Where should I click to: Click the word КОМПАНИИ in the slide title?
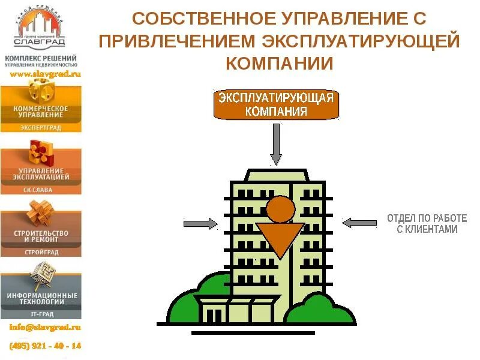click(279, 63)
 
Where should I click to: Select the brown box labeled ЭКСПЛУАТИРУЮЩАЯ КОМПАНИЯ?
click(275, 105)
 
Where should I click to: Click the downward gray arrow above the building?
click(275, 144)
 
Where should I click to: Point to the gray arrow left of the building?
click(200, 223)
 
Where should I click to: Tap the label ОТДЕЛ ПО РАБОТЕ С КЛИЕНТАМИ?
click(426, 224)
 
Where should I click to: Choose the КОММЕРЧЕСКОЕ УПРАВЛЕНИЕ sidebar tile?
click(41, 108)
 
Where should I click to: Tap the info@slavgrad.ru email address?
click(45, 328)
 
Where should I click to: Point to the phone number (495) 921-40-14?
click(45, 346)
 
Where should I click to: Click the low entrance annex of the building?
click(237, 308)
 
